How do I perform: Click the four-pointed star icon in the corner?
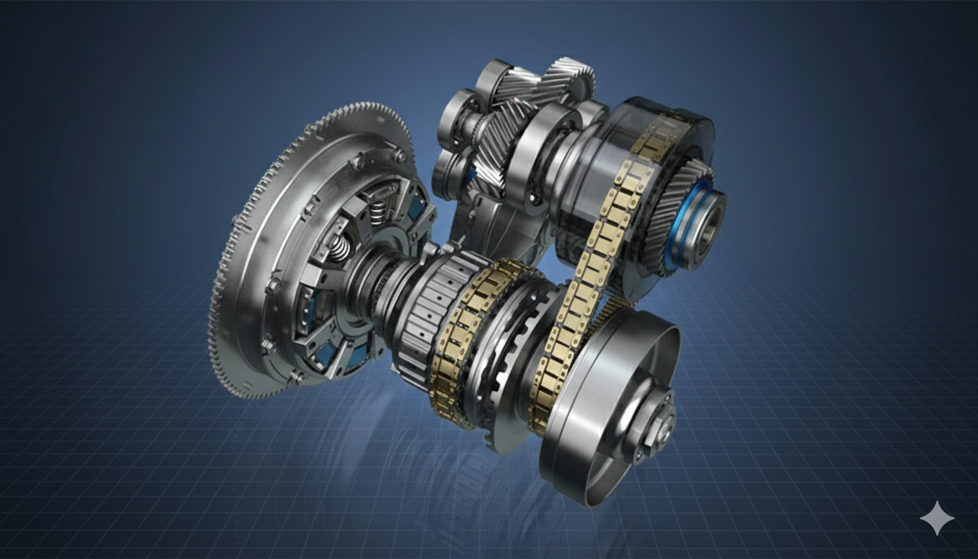(937, 518)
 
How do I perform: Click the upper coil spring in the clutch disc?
(376, 211)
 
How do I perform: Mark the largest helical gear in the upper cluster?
(502, 142)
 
